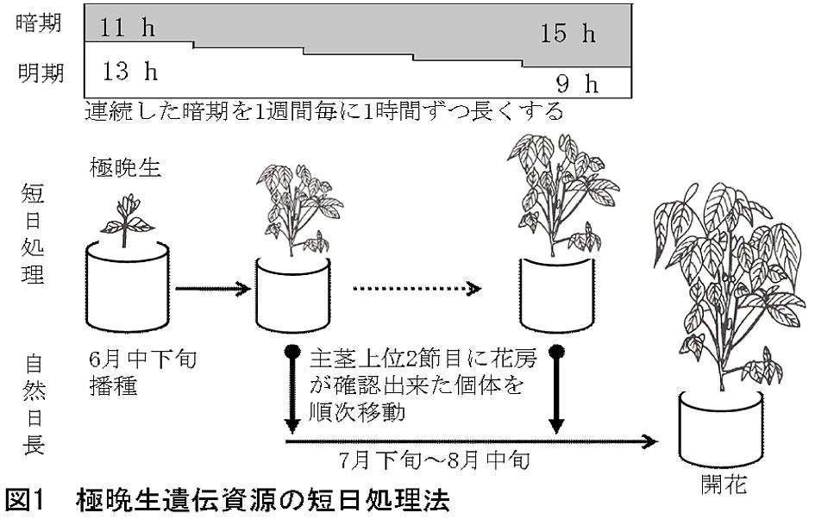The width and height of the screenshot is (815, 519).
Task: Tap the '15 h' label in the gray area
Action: pyautogui.click(x=568, y=34)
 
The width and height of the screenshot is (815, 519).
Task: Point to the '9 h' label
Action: pyautogui.click(x=576, y=84)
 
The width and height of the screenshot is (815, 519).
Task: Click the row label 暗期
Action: pyautogui.click(x=40, y=24)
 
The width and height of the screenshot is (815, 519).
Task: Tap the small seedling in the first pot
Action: pyautogui.click(x=129, y=215)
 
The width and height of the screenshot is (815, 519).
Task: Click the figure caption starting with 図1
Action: pyautogui.click(x=228, y=501)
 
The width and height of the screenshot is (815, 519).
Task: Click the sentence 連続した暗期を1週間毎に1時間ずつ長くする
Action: pyautogui.click(x=323, y=110)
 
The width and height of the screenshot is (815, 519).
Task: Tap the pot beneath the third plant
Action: pyautogui.click(x=556, y=293)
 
